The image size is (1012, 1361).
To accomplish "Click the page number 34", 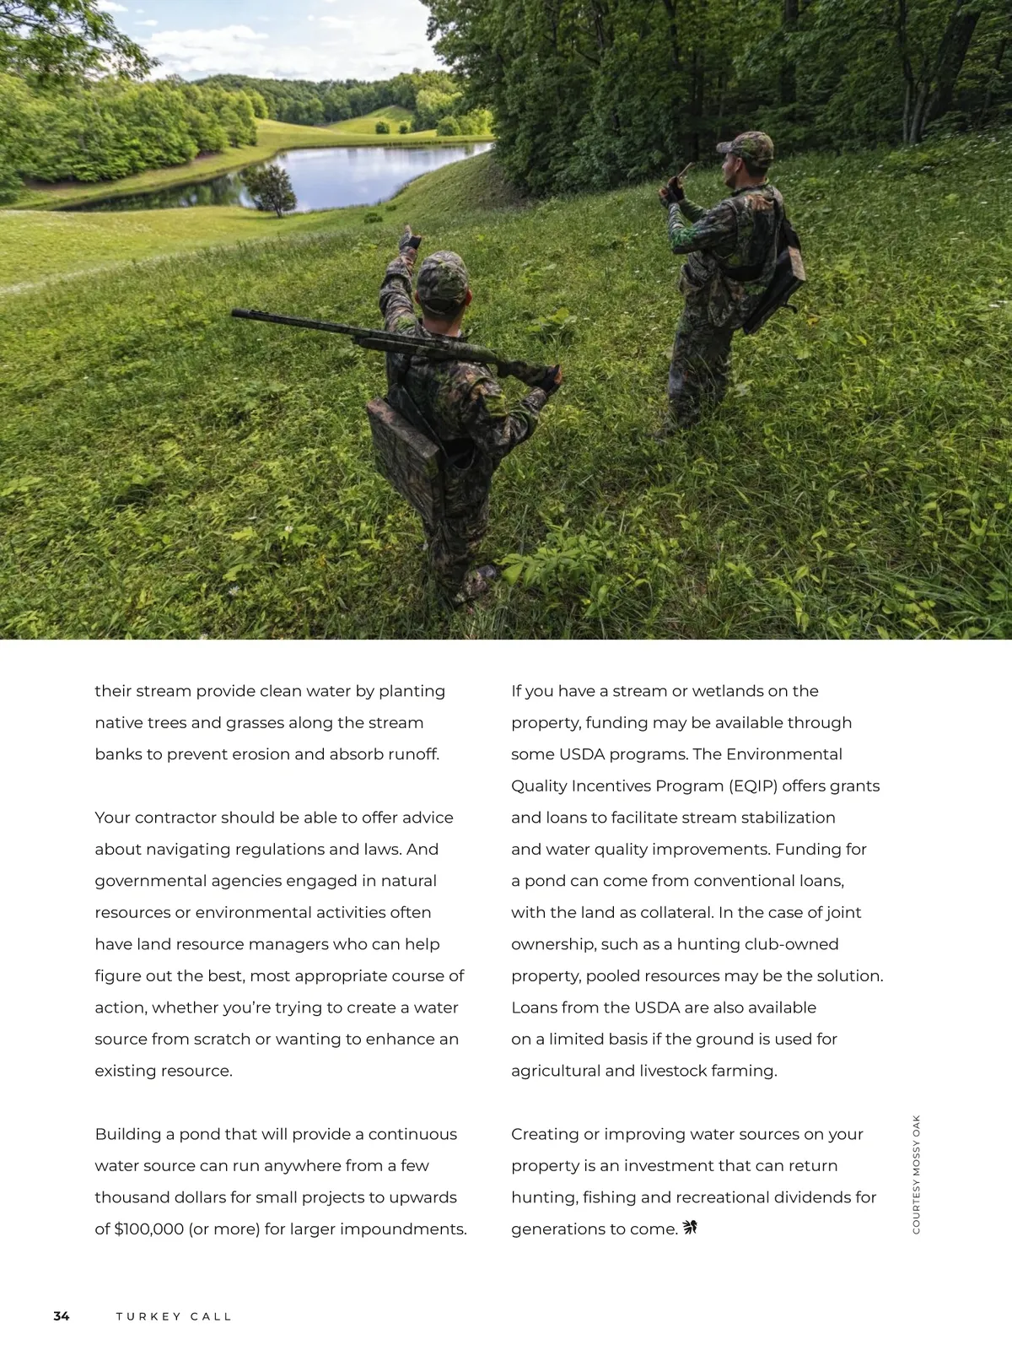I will (62, 1316).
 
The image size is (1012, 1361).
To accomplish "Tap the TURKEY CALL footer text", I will (174, 1316).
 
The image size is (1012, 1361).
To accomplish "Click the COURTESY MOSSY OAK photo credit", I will (917, 1174).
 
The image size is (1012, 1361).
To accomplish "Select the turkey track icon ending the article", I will (690, 1228).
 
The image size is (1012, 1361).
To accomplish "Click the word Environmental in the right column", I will (783, 754).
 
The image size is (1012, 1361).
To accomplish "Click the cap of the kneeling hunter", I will (443, 275).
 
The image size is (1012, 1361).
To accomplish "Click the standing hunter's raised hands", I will (676, 187).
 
